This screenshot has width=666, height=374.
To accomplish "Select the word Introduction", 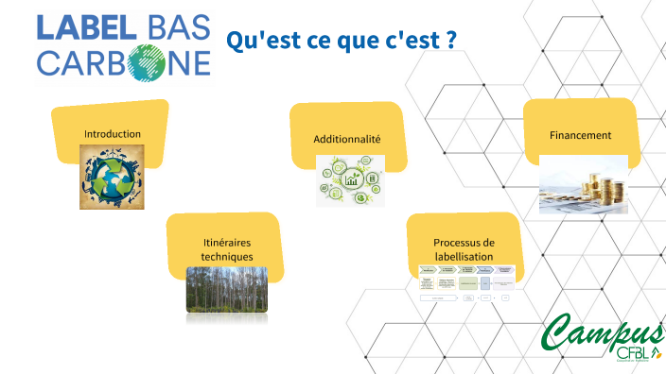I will (x=113, y=134).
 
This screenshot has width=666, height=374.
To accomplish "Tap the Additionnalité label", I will (x=347, y=139).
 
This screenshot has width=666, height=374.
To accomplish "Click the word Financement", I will (x=580, y=136).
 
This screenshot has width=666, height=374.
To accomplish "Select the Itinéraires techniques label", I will (x=227, y=249).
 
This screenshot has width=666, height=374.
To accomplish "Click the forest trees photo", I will (x=226, y=291).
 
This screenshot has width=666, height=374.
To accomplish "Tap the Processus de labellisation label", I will (x=464, y=249).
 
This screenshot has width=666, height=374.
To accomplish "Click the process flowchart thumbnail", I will (x=467, y=283).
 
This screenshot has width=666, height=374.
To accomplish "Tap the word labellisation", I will (x=464, y=256).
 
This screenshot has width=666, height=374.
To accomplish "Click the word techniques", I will (x=227, y=256).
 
